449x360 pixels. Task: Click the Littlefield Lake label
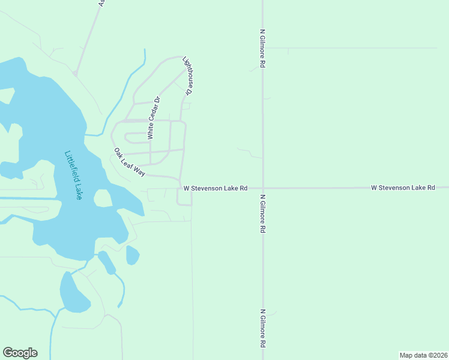point(72,175)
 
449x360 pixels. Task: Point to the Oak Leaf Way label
point(130,162)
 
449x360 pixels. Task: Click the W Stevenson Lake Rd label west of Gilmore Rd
point(215,188)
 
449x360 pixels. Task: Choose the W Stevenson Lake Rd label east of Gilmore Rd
point(403,188)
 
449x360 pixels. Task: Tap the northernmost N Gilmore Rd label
point(262,47)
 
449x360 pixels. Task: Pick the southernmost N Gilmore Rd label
point(262,329)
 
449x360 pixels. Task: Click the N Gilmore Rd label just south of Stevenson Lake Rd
point(262,213)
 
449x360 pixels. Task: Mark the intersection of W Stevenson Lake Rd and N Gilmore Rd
point(262,188)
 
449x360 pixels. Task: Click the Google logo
point(20,353)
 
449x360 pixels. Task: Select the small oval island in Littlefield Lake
point(103,198)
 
